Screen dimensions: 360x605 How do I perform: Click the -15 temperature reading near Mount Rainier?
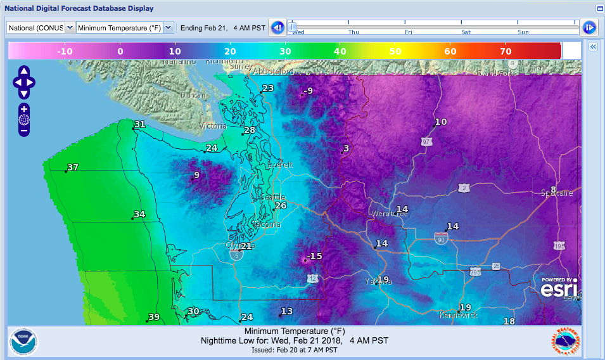coord(315,256)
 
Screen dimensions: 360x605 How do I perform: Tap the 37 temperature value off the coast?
coord(73,167)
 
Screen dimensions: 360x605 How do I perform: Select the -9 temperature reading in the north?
coord(308,91)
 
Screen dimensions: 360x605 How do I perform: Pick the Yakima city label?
coord(378,281)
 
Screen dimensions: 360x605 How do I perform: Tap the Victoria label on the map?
coord(212,126)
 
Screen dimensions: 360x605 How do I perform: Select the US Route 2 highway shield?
coord(464,188)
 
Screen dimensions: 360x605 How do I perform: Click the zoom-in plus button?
coord(24,109)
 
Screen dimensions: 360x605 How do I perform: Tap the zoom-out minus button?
coord(24,131)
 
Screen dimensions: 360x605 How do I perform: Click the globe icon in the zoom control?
coord(24,120)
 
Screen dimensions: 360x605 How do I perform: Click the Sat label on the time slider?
coord(466,32)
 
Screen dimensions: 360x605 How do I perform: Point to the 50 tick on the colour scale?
coord(395,51)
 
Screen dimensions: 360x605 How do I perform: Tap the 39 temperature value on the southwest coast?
coord(153,317)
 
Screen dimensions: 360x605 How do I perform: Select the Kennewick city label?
coord(458,314)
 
